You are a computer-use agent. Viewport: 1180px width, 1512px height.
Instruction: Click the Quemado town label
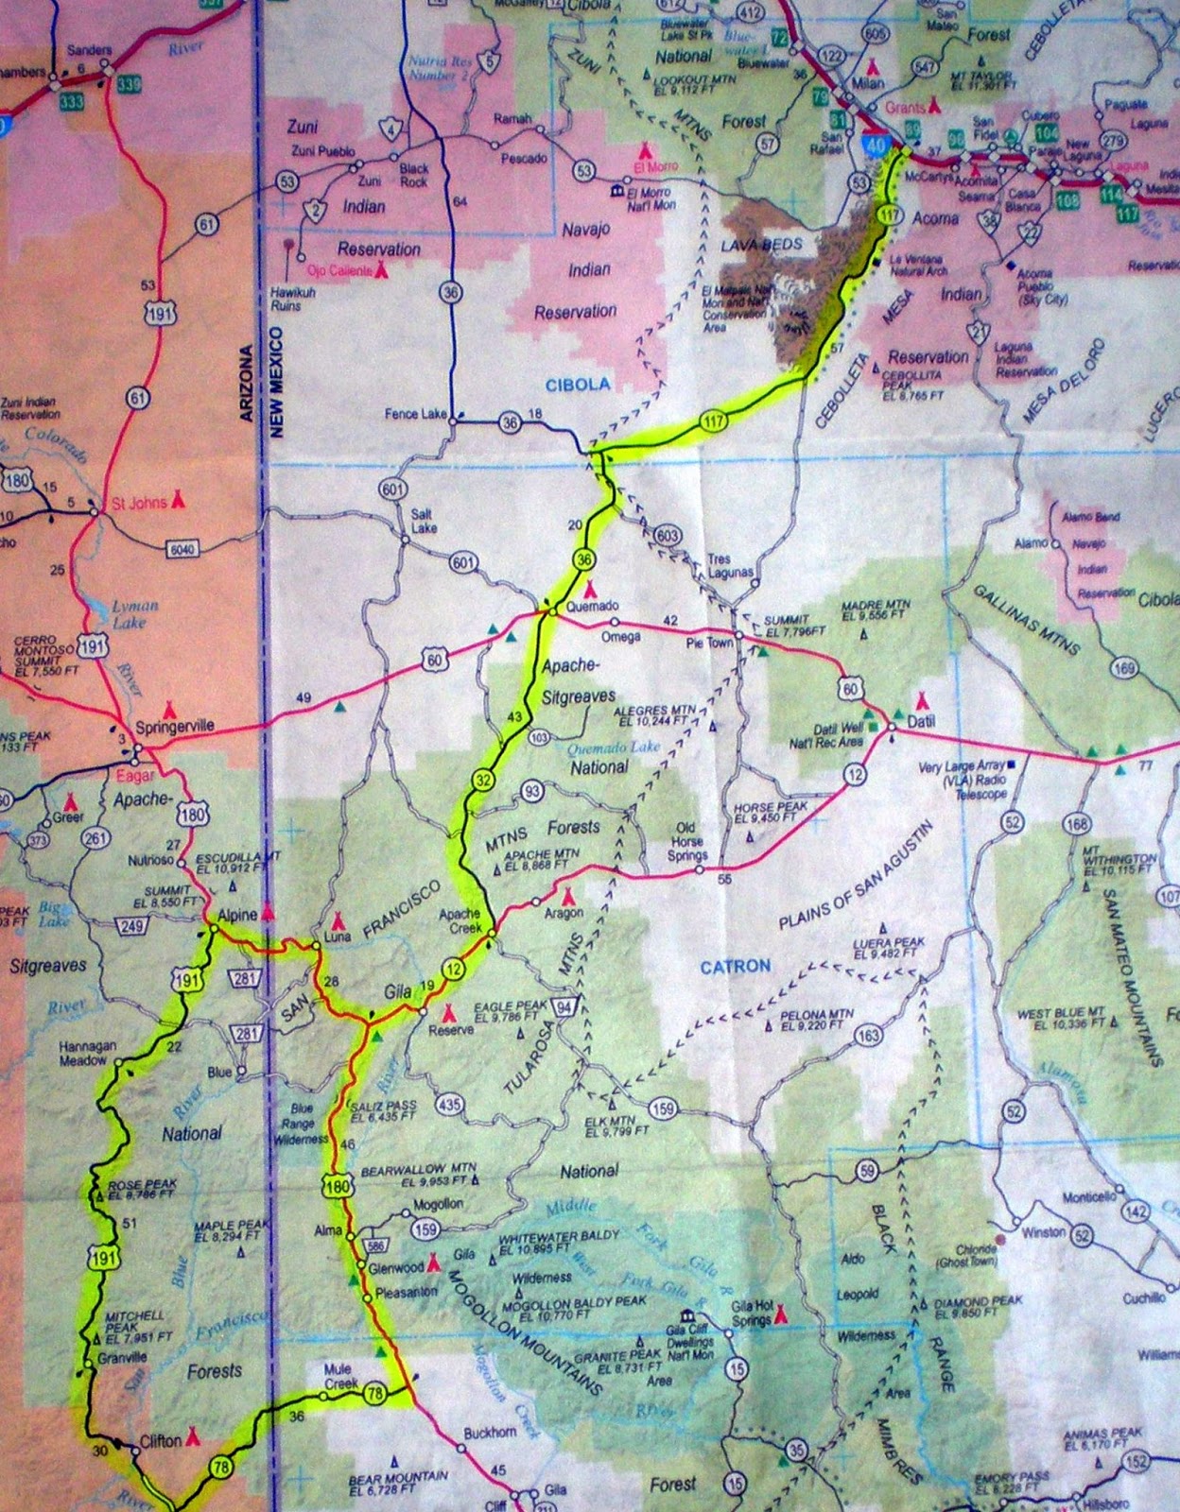click(x=593, y=606)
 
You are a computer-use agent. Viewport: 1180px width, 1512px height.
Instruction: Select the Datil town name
click(x=921, y=721)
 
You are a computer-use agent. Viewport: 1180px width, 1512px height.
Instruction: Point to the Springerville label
click(x=175, y=727)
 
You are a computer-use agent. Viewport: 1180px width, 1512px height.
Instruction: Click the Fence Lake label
click(x=415, y=414)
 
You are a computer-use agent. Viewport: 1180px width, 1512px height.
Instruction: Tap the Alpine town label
click(x=236, y=915)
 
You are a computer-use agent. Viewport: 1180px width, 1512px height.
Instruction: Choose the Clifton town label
click(x=160, y=1441)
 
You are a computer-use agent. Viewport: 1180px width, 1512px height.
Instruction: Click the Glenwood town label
click(x=396, y=1268)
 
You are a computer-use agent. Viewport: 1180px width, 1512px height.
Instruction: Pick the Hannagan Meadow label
click(x=88, y=1053)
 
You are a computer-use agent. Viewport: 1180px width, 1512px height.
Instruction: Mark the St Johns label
click(x=139, y=503)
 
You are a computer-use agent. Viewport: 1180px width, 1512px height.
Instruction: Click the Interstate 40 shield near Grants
click(x=874, y=145)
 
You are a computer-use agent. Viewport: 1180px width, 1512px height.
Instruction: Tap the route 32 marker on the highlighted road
click(x=483, y=780)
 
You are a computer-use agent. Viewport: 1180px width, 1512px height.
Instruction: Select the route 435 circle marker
click(x=449, y=1104)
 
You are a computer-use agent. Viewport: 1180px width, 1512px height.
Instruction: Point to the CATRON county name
click(x=736, y=966)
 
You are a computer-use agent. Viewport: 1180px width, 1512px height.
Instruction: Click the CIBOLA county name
click(x=578, y=384)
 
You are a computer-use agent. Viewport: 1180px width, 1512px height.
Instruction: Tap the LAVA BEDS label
click(x=761, y=244)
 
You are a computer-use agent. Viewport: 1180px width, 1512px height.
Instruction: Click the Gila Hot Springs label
click(x=754, y=1313)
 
